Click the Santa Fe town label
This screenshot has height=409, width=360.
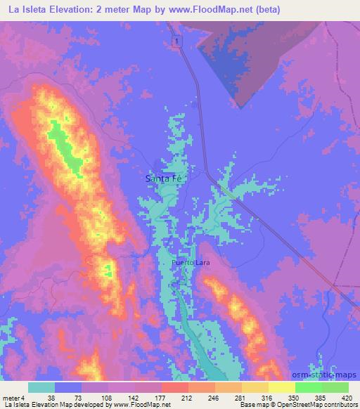click(x=162, y=178)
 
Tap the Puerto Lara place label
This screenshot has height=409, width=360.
click(x=191, y=263)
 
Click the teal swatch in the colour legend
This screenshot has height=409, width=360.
click(x=41, y=387)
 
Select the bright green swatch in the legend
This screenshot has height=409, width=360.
click(x=308, y=387)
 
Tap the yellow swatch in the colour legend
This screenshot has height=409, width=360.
click(x=281, y=387)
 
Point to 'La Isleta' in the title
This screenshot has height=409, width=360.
click(x=28, y=10)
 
